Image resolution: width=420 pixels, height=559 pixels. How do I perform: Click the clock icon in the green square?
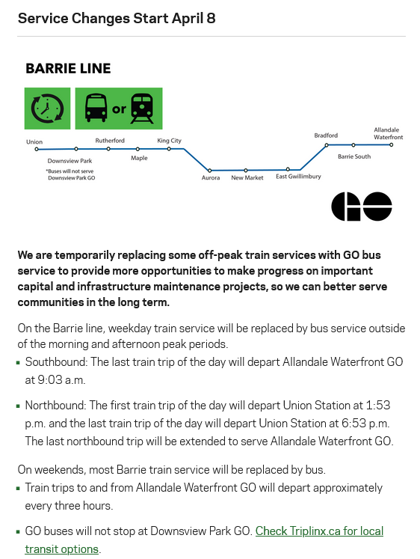click(47, 109)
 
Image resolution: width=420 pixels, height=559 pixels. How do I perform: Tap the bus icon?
click(96, 108)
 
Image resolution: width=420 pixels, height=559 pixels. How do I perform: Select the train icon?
click(142, 109)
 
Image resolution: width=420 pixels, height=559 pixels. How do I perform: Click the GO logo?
click(362, 207)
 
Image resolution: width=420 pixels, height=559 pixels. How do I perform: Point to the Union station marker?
click(37, 150)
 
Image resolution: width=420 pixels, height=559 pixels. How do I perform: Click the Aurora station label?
click(211, 177)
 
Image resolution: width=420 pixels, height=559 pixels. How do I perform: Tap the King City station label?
click(169, 141)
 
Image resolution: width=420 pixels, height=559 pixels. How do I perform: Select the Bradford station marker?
click(327, 145)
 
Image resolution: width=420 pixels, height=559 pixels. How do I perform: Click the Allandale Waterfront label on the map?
click(389, 133)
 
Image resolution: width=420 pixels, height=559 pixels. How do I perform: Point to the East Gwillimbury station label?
click(298, 177)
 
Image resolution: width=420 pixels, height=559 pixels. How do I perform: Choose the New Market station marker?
click(246, 171)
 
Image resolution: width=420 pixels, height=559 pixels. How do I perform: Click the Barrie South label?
click(354, 156)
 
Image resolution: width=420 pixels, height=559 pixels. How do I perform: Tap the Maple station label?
click(139, 158)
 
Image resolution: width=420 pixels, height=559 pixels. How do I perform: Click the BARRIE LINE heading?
click(68, 68)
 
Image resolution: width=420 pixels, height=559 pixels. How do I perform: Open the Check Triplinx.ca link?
click(204, 540)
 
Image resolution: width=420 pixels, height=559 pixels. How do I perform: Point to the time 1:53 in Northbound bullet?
click(378, 406)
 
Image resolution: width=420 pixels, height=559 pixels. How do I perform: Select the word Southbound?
click(56, 362)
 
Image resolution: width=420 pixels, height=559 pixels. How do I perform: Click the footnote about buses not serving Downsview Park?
click(70, 174)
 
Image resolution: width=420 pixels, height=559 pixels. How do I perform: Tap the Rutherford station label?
click(110, 141)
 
